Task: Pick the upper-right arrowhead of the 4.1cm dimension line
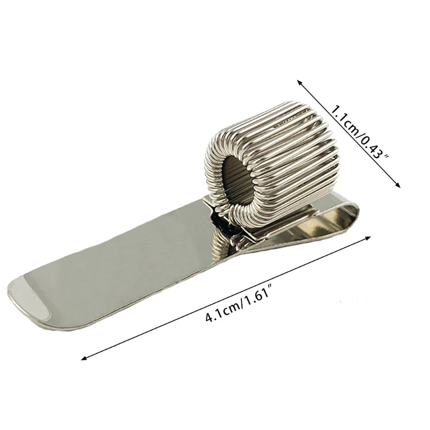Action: tap(370, 235)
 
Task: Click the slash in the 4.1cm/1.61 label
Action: tap(240, 305)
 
